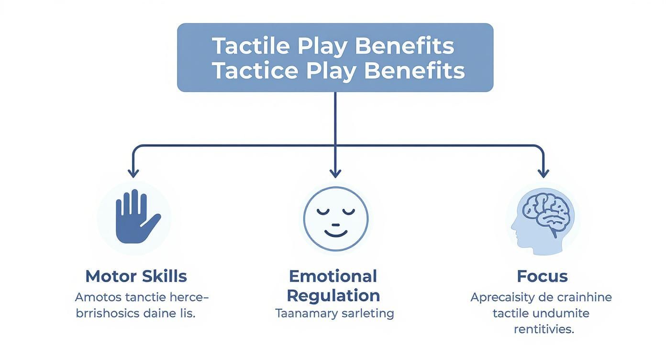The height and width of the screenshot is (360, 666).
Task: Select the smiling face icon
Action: click(x=335, y=219)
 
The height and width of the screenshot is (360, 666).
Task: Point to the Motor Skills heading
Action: click(x=136, y=276)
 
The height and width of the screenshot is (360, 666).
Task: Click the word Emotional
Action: click(x=333, y=276)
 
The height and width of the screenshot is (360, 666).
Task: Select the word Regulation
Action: click(x=333, y=295)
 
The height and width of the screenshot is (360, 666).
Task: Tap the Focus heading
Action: click(x=542, y=276)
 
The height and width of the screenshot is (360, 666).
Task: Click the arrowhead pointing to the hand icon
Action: click(x=133, y=173)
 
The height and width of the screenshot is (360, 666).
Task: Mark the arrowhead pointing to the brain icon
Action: click(x=543, y=173)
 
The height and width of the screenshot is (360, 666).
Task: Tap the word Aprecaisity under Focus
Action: click(x=502, y=297)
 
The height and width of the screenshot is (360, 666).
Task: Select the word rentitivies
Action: click(x=544, y=329)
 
